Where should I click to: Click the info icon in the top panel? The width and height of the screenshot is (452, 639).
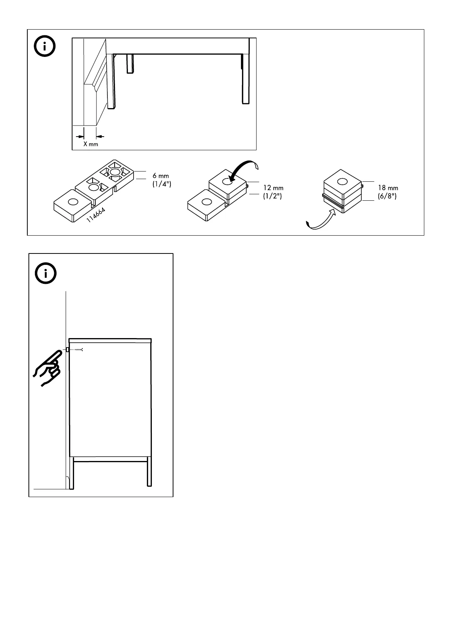click(45, 47)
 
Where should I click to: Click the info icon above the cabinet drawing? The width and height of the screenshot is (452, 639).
click(45, 273)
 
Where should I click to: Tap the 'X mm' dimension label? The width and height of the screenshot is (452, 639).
click(91, 144)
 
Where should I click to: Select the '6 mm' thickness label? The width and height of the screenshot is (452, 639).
click(161, 176)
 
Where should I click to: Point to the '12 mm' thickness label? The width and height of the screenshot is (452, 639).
click(273, 188)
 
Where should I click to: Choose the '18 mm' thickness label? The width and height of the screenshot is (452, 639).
click(388, 188)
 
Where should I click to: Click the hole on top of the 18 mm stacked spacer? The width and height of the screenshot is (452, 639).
click(342, 181)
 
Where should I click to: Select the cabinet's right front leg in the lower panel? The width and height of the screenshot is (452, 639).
click(150, 472)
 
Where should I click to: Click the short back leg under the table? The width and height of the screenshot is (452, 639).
click(130, 63)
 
